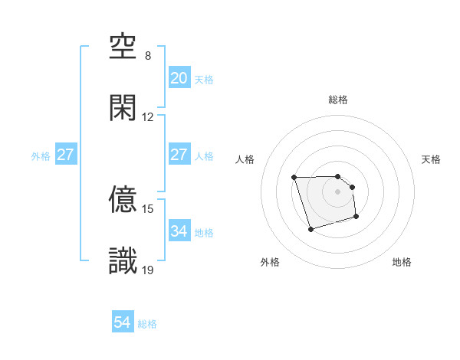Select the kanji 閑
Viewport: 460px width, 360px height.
(x=123, y=108)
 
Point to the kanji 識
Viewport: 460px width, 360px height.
(x=123, y=261)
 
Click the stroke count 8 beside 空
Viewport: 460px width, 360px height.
(x=148, y=56)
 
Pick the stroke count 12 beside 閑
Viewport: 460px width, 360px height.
(x=148, y=117)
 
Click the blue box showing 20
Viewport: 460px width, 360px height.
(x=179, y=78)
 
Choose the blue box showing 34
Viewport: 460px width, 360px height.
(x=179, y=231)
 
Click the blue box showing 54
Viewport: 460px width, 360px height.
(x=123, y=323)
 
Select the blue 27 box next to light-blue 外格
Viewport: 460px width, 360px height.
(x=65, y=155)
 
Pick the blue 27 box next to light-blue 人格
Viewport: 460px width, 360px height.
(x=179, y=155)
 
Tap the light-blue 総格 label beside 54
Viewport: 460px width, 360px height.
(x=147, y=324)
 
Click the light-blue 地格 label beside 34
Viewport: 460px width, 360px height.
(x=204, y=232)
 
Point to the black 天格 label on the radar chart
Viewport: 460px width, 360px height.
(x=432, y=159)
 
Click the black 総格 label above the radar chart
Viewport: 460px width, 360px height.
(x=338, y=100)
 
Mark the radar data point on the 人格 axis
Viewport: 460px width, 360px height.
(x=294, y=178)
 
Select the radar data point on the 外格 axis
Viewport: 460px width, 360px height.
(x=310, y=229)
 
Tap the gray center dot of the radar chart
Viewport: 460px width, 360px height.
(x=338, y=191)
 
